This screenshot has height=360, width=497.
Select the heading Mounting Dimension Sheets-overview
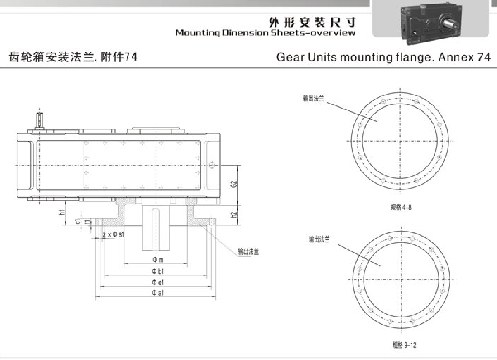[x=265, y=33]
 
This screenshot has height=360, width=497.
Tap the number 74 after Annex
[x=483, y=57]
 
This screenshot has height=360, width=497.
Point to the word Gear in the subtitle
[x=289, y=57]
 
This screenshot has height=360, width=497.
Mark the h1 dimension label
[x=62, y=211]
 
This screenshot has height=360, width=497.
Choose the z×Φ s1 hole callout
[x=114, y=235]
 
